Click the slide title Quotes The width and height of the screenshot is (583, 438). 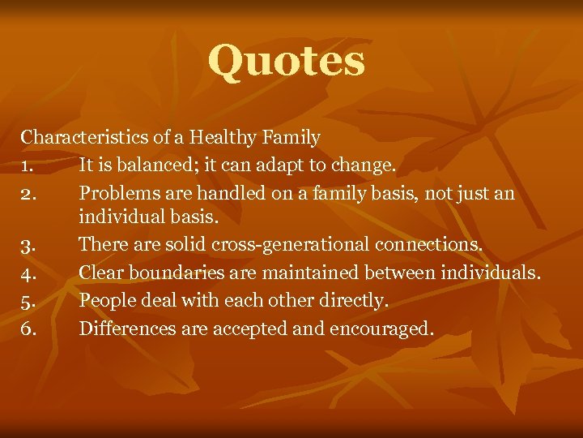[x=287, y=62]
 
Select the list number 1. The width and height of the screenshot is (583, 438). [x=27, y=165]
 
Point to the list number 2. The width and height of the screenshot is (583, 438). [x=28, y=194]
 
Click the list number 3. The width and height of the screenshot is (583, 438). [x=28, y=245]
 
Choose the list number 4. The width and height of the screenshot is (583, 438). [x=28, y=273]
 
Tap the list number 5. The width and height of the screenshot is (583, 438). [x=28, y=300]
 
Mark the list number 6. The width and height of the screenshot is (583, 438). [x=28, y=328]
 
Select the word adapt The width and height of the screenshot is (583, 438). [x=283, y=165]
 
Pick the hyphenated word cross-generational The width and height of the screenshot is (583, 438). [x=286, y=244]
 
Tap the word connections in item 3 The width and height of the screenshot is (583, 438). [x=434, y=244]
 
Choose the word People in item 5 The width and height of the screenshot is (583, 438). [x=104, y=300]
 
